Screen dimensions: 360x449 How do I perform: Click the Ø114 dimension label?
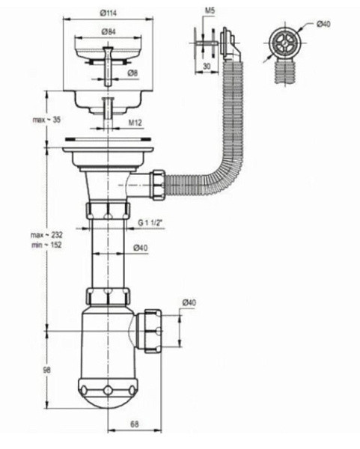point(109,13)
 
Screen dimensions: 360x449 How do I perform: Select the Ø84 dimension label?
point(109,31)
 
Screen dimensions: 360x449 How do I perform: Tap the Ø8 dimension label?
point(132,73)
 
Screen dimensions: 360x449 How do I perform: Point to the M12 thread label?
point(135,123)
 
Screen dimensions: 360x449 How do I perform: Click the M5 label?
point(210,11)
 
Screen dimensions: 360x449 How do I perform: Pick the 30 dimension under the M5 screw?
point(207,66)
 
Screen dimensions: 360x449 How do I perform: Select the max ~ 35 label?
point(46,120)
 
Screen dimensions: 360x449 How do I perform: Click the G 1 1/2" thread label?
point(150,222)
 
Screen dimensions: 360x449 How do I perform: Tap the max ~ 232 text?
point(46,235)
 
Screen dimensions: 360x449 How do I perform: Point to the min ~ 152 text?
point(46,245)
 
